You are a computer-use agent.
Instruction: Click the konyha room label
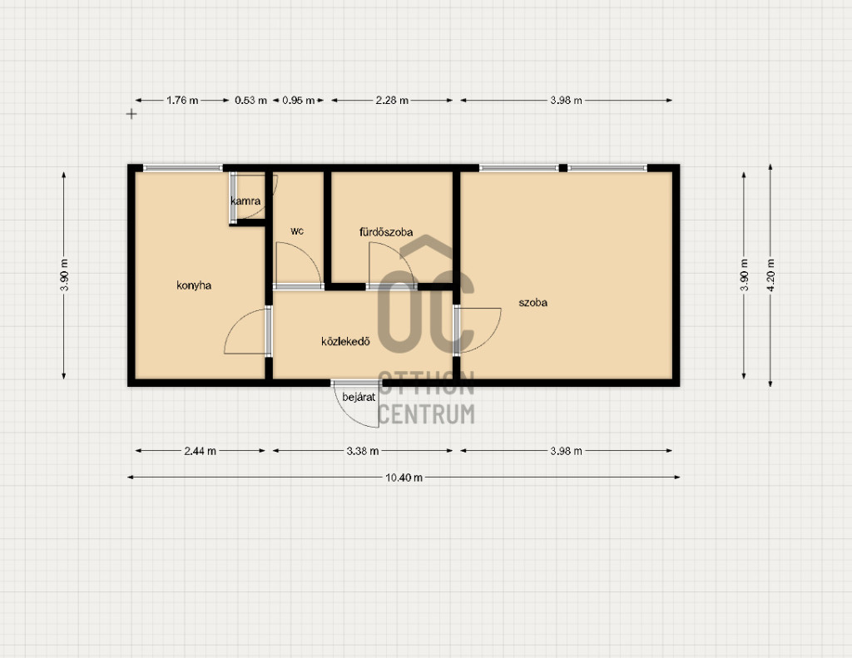(194, 285)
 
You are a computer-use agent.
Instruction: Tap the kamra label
(245, 201)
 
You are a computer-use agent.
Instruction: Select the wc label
(297, 231)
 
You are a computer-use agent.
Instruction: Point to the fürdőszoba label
(386, 232)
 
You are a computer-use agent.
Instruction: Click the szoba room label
(533, 303)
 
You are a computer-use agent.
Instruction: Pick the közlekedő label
(345, 341)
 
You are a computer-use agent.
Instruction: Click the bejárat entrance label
(359, 397)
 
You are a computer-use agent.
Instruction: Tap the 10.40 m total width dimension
(404, 477)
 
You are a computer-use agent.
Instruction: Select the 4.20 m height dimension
(770, 275)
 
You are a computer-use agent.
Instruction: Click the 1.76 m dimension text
(182, 101)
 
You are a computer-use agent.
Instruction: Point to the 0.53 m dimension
(251, 101)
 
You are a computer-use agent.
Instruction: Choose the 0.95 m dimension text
(299, 101)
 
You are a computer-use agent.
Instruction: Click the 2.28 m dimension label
(392, 101)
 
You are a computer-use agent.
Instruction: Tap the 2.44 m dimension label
(200, 451)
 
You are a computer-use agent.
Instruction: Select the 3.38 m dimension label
(363, 451)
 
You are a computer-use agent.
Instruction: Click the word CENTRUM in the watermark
(426, 414)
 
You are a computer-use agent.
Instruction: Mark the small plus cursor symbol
(131, 114)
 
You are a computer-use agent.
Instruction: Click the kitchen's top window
(182, 168)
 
